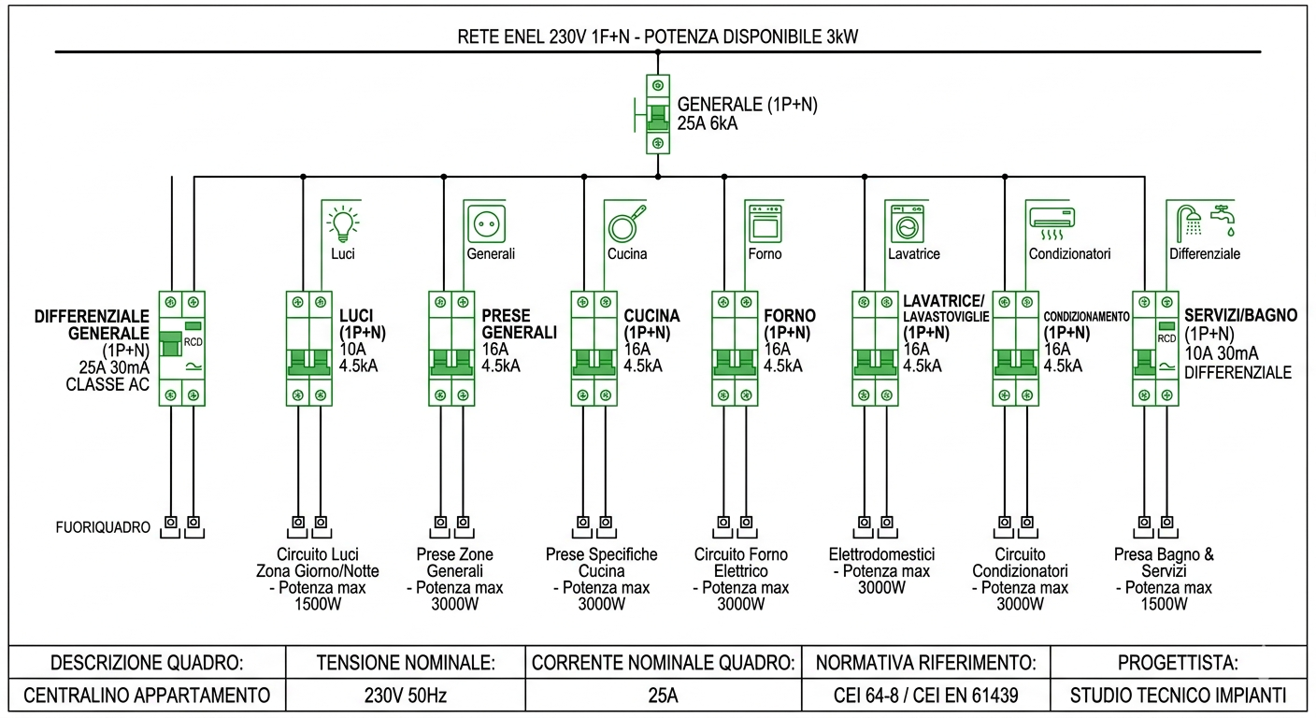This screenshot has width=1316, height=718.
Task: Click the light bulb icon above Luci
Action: tap(343, 223)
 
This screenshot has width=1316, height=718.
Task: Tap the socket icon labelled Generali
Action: tap(485, 223)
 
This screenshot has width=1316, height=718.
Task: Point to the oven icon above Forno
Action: tap(765, 223)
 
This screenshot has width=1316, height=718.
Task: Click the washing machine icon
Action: tap(906, 223)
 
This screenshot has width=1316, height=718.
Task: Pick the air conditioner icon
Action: tap(1052, 222)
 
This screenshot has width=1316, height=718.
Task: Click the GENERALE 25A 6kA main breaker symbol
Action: tap(658, 115)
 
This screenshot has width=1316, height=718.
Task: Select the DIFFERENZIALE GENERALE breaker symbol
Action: tap(182, 348)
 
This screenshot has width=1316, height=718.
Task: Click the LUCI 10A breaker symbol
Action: tap(309, 348)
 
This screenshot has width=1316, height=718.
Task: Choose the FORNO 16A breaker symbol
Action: tap(735, 348)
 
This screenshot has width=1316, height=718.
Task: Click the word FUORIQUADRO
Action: tap(102, 527)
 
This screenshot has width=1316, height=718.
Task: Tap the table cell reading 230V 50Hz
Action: tap(404, 696)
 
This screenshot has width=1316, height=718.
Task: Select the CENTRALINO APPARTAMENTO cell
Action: tap(147, 696)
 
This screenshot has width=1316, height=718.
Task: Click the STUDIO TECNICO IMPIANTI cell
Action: tap(1179, 696)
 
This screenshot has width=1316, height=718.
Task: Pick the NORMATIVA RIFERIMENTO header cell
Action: tap(925, 663)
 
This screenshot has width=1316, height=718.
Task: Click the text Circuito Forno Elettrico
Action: tap(740, 562)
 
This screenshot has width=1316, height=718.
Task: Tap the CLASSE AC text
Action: tap(107, 383)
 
